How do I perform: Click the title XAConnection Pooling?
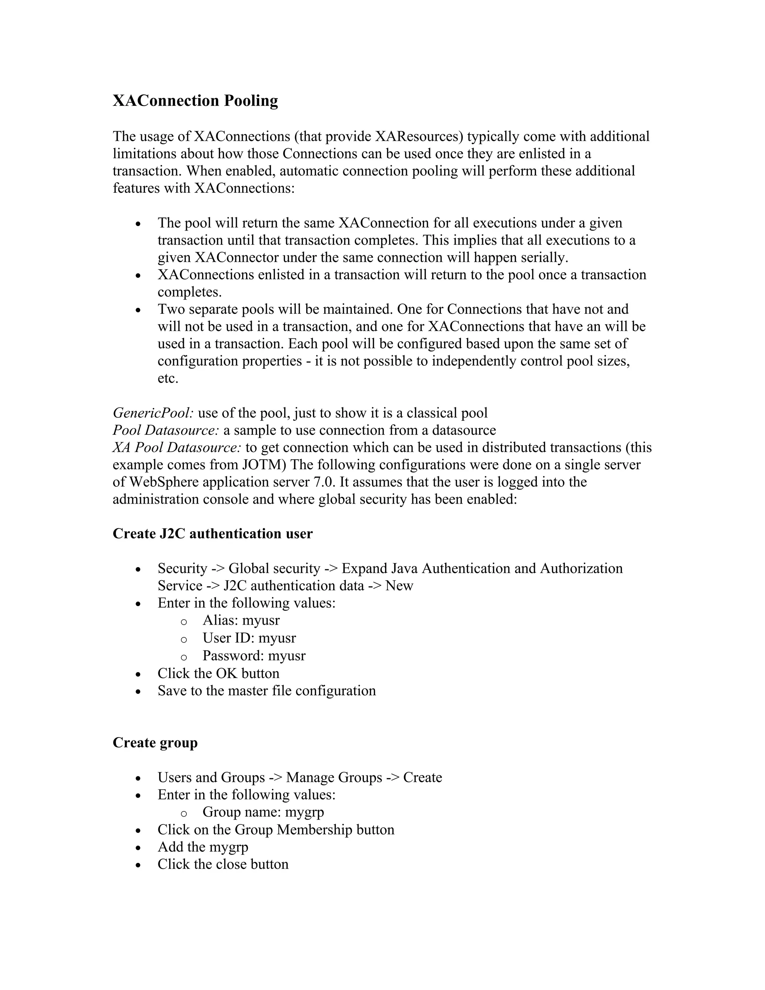click(195, 100)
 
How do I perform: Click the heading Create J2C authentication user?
click(212, 533)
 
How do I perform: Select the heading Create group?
click(155, 743)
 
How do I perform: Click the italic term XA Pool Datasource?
click(177, 448)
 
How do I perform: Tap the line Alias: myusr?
click(241, 620)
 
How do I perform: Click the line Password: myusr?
click(254, 656)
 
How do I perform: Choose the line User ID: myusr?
click(249, 638)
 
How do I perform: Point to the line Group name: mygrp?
click(263, 812)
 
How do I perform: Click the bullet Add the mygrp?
click(202, 847)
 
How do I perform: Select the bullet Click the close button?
click(223, 864)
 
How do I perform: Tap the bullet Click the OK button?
click(218, 673)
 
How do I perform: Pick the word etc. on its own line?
click(168, 378)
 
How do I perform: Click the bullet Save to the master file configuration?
click(266, 690)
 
